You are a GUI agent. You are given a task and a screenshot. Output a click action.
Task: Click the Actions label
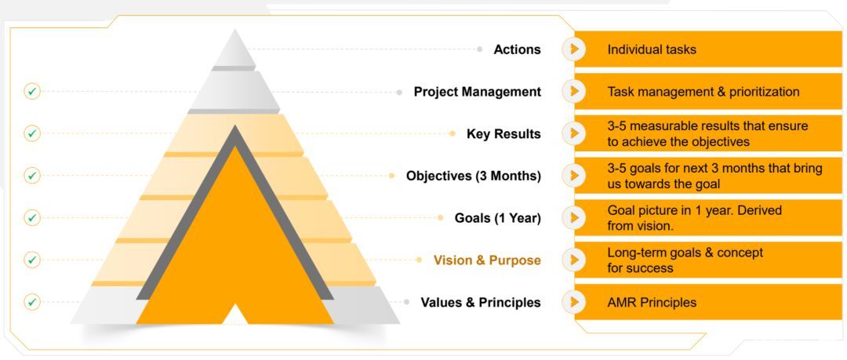coord(517,49)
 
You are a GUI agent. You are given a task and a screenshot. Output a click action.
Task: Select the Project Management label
coord(477,92)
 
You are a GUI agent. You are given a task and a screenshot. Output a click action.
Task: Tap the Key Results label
coord(503,134)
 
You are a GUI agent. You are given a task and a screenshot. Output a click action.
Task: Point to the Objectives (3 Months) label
coord(473,176)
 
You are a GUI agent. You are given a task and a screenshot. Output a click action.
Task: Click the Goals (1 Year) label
coord(497,218)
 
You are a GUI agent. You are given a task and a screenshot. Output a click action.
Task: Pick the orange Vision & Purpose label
coord(487,260)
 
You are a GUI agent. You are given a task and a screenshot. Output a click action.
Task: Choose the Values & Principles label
coord(481,302)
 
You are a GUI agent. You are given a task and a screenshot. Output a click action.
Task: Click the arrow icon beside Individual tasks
coord(574,49)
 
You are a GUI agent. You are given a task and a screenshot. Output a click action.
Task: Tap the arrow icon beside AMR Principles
coord(574,302)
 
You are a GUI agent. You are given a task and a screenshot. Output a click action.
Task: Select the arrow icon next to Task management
coord(574,91)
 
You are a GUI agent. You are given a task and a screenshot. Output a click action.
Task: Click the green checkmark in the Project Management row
coord(32,91)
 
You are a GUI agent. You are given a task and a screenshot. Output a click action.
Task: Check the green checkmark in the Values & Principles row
coord(32,302)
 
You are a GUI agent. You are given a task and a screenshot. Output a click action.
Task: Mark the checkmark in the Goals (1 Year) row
coord(32,218)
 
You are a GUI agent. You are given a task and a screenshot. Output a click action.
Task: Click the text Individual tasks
coord(652,49)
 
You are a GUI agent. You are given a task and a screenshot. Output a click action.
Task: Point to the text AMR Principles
coord(652,302)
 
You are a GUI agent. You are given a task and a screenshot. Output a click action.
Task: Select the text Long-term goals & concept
coord(685,253)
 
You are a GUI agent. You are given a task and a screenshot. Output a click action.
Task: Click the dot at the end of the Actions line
coord(480,49)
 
